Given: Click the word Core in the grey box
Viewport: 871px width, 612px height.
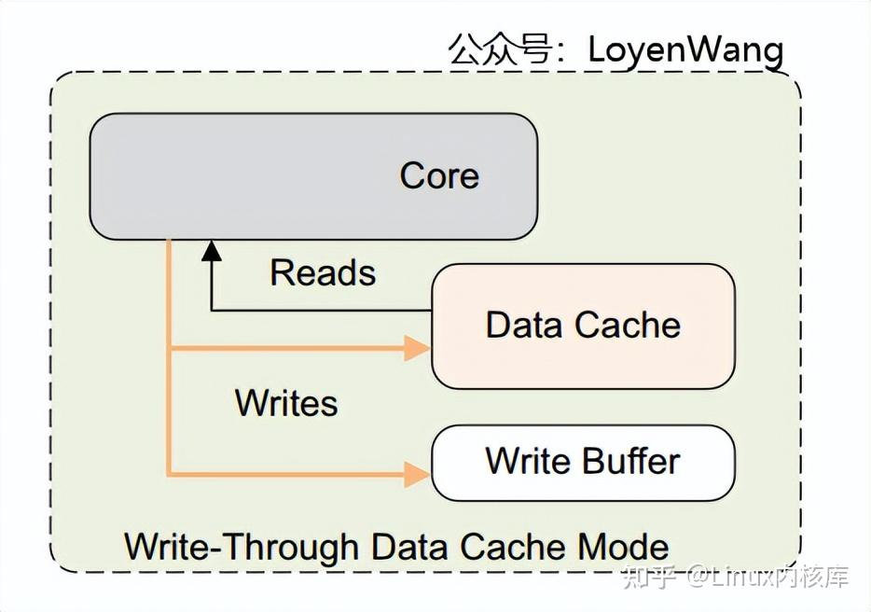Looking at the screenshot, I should (x=439, y=175).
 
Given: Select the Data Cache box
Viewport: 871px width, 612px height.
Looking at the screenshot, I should (x=583, y=326).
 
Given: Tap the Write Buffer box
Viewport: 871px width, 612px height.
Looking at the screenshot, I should (x=583, y=462).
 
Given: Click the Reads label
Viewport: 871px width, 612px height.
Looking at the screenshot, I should (x=323, y=272).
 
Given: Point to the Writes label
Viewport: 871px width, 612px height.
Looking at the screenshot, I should (x=286, y=403).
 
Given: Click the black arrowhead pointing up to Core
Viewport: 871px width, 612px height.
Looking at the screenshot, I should (x=212, y=249).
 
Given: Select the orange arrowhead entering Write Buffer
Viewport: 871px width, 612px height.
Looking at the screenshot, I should (x=416, y=473).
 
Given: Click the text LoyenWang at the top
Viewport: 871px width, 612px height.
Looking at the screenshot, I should (x=685, y=49).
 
